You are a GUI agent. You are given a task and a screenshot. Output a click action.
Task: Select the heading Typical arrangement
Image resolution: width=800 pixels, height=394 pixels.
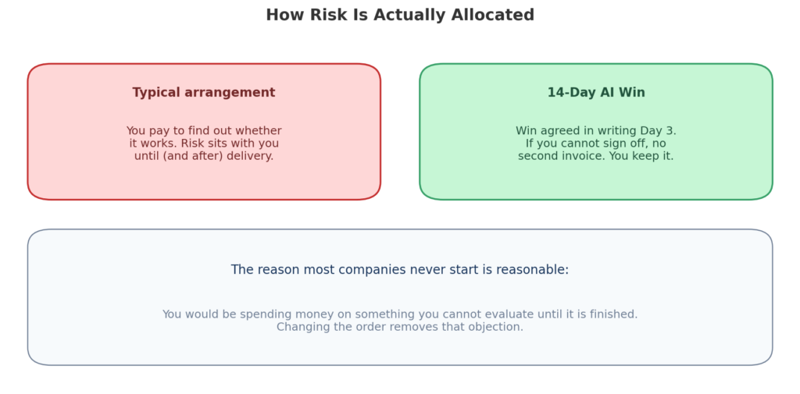204,93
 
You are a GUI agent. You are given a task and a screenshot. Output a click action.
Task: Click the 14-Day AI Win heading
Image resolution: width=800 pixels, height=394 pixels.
596,93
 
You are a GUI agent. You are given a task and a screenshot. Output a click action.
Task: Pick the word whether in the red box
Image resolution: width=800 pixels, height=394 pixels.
259,131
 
